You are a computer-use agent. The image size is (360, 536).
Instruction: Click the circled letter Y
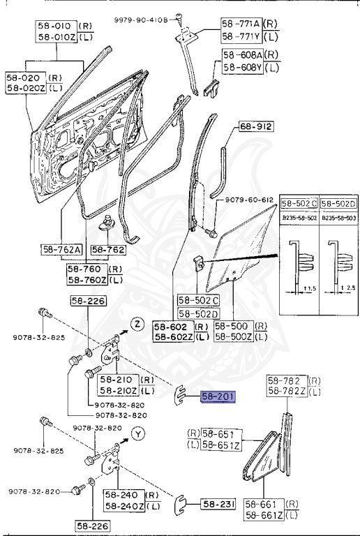pos(138,434)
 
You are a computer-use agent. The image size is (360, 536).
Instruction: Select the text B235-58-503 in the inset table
pos(338,218)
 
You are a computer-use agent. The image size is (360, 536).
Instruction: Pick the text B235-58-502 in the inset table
pos(299,218)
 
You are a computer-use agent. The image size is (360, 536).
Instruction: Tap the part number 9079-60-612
pos(248,200)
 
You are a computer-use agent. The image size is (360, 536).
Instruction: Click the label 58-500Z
pos(233,337)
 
